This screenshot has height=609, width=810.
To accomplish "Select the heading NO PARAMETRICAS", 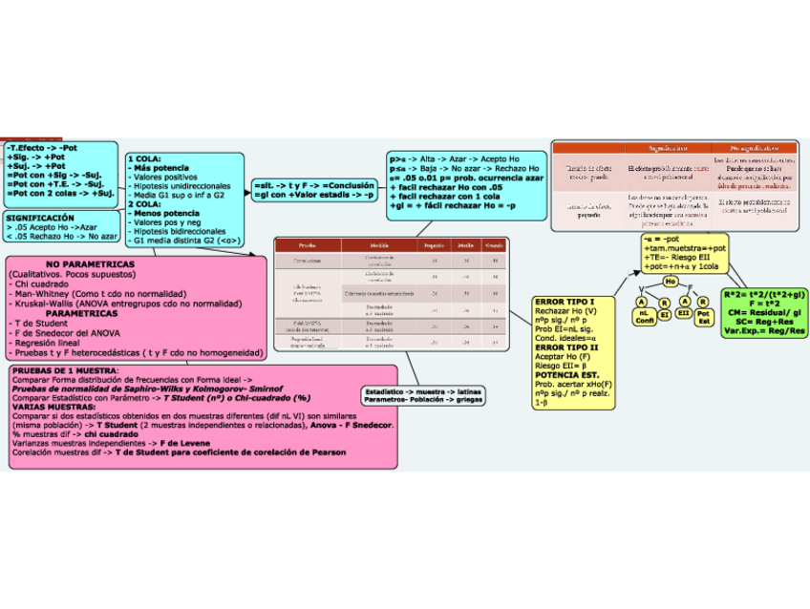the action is (91, 263).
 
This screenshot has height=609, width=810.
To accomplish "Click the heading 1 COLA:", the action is (145, 158).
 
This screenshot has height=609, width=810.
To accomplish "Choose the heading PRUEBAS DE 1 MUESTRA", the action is (65, 370).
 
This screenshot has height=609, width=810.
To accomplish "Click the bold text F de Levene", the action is (185, 443).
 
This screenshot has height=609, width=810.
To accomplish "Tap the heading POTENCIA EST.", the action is (567, 375).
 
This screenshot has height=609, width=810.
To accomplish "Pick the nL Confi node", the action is (643, 316).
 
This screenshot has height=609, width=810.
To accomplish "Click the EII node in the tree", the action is (684, 312).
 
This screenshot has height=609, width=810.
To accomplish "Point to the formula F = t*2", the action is (765, 303).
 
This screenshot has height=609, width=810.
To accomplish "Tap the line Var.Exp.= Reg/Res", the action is (765, 331).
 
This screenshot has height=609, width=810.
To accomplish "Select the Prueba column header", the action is (307, 245).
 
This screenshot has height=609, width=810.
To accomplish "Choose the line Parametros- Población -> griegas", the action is (422, 400).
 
